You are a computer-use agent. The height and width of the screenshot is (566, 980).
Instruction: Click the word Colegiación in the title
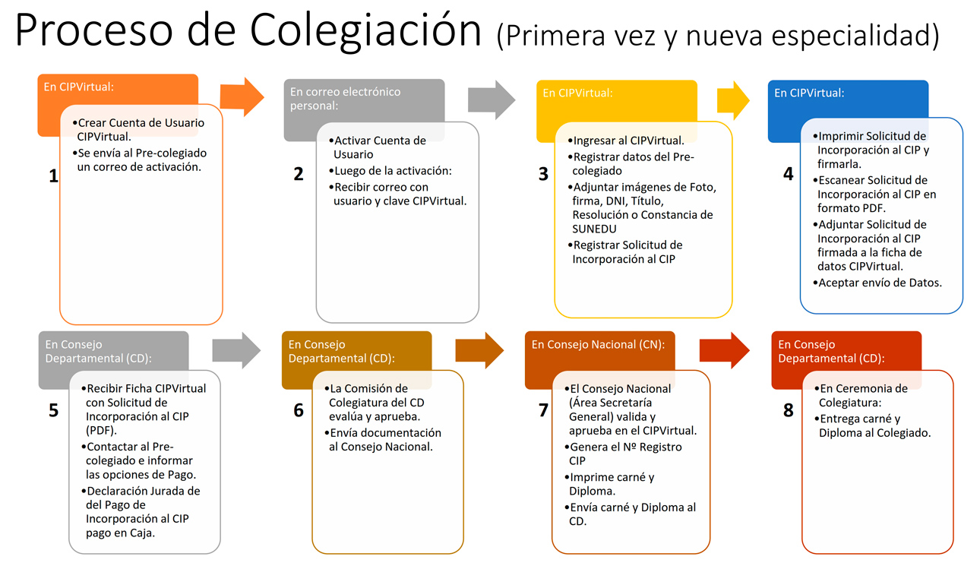point(365,30)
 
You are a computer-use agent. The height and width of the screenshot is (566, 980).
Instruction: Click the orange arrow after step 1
point(242,97)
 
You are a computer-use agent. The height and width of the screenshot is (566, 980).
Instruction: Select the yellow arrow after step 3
point(733,100)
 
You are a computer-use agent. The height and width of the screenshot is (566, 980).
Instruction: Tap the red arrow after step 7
point(725,350)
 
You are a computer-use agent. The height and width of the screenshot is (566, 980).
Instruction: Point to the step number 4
point(788,174)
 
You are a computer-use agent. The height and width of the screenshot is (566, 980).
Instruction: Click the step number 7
point(543,409)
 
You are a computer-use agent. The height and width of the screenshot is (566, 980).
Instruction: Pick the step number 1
point(53,175)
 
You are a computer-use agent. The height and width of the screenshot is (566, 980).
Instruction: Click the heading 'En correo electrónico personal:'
point(345,99)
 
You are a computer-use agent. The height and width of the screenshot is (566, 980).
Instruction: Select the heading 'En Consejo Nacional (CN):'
point(598,345)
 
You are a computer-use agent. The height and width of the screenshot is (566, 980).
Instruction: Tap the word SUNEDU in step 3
point(594,229)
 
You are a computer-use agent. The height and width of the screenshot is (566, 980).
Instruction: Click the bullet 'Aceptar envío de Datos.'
point(877,283)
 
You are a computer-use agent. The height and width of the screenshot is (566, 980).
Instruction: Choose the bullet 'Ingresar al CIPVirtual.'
point(626,141)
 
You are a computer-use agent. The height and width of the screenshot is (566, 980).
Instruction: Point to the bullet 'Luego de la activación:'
point(390,171)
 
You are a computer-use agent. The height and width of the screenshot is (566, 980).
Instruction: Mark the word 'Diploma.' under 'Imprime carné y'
point(592,492)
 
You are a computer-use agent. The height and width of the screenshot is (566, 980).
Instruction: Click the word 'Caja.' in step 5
point(142,533)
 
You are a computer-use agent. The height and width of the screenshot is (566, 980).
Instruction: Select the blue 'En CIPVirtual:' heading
point(809,93)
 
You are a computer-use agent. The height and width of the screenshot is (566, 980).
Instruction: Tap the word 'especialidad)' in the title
point(855,36)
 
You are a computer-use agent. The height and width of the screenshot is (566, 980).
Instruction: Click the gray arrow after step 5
point(237,350)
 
